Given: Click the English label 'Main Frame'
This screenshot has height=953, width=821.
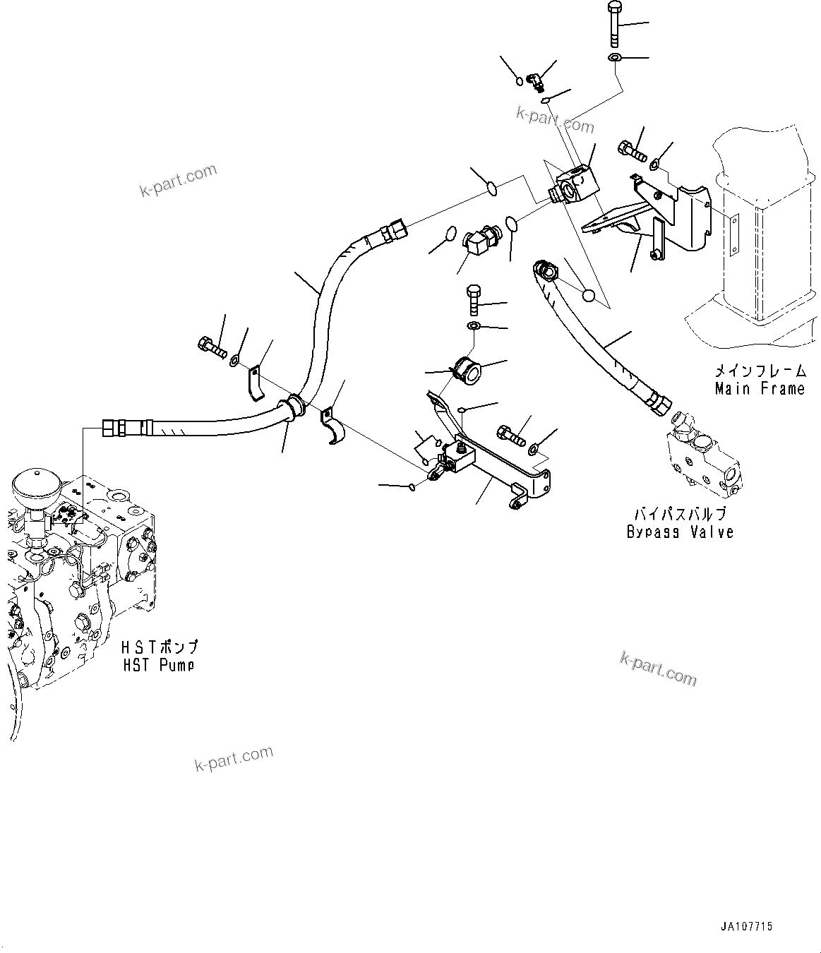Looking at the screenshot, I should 760,388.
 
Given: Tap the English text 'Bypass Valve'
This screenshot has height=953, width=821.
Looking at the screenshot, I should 680,532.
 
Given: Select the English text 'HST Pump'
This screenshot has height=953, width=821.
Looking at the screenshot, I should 158,664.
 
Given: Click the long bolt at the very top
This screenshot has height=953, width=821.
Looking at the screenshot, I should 613,25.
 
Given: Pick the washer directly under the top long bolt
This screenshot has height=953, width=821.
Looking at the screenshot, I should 614,56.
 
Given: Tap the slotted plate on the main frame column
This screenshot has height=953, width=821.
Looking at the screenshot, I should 734,234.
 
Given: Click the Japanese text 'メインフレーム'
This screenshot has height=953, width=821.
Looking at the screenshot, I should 760,371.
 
